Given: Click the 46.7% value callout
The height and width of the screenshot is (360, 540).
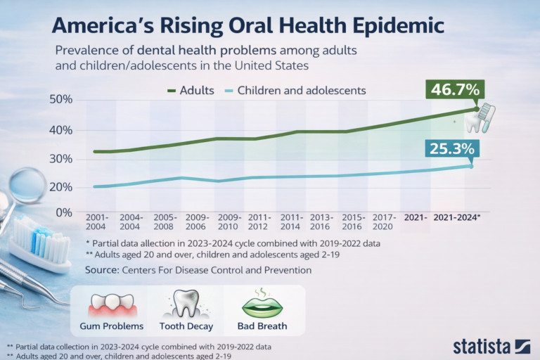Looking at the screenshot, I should pos(456,90).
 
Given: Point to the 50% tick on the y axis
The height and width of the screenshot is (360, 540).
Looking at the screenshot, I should pos(61,100).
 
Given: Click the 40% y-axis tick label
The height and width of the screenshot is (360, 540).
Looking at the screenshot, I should pos(61,130).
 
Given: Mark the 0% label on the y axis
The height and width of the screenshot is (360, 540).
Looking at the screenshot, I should pos(64,212).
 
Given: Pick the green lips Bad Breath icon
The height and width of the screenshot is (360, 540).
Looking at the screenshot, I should pos(262,305).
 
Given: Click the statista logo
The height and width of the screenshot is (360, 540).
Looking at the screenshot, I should pos(491,345).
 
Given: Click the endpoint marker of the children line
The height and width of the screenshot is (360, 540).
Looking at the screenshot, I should pos(471,166).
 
